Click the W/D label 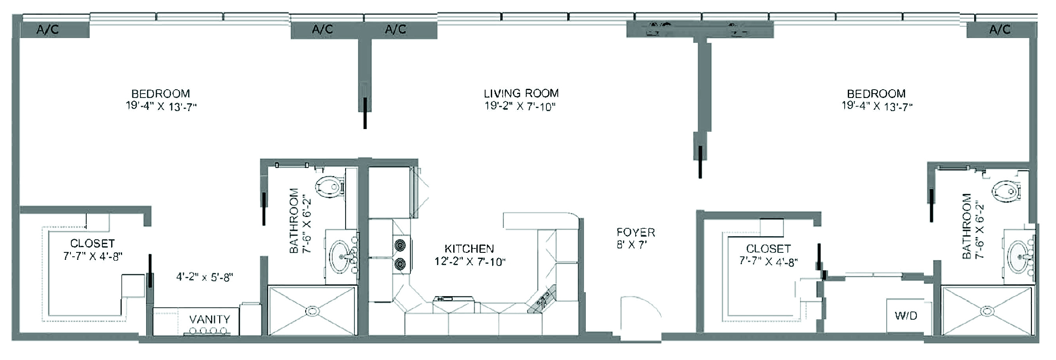click(906, 315)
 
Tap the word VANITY click(210, 319)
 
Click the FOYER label click(636, 232)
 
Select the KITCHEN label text click(469, 248)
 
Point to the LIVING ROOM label click(521, 93)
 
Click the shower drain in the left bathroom click(311, 311)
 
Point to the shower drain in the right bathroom click(987, 311)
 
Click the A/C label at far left click(48, 30)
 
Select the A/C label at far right click(1000, 30)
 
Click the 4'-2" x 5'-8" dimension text click(205, 277)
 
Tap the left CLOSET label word click(92, 243)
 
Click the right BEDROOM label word click(876, 94)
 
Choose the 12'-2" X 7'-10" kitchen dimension click(470, 262)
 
